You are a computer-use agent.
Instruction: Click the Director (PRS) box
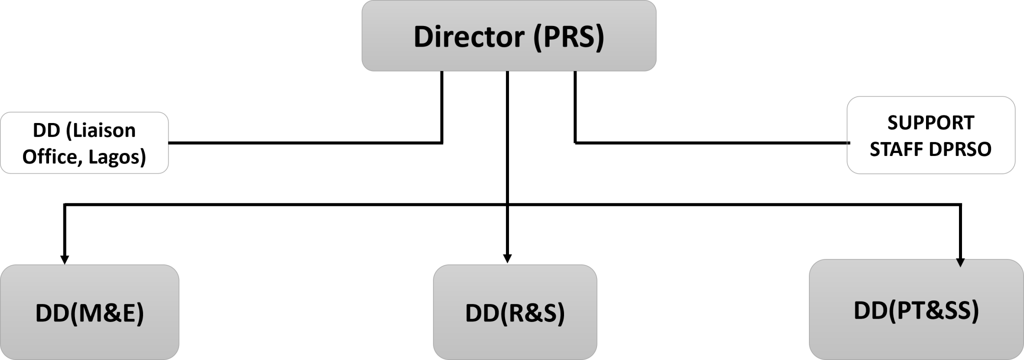(508, 35)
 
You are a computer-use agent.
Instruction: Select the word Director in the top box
(469, 36)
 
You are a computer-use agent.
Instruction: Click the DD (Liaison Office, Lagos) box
(84, 143)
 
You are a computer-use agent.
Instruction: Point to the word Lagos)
(117, 157)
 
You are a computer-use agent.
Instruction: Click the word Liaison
(100, 130)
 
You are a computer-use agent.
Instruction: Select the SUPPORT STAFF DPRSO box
(930, 135)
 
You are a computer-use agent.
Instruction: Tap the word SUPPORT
(930, 122)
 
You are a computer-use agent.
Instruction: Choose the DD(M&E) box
(89, 312)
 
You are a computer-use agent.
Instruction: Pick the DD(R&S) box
(515, 312)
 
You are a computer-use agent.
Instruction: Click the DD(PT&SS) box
(916, 309)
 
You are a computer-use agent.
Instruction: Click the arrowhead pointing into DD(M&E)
(64, 259)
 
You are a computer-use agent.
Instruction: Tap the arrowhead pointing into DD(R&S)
(507, 258)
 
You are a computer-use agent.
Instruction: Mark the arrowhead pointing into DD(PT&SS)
(960, 262)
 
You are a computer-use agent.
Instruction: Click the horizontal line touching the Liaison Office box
(305, 143)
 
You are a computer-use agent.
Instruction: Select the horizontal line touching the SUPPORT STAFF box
(711, 143)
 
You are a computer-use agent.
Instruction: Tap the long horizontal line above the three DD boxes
(512, 204)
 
